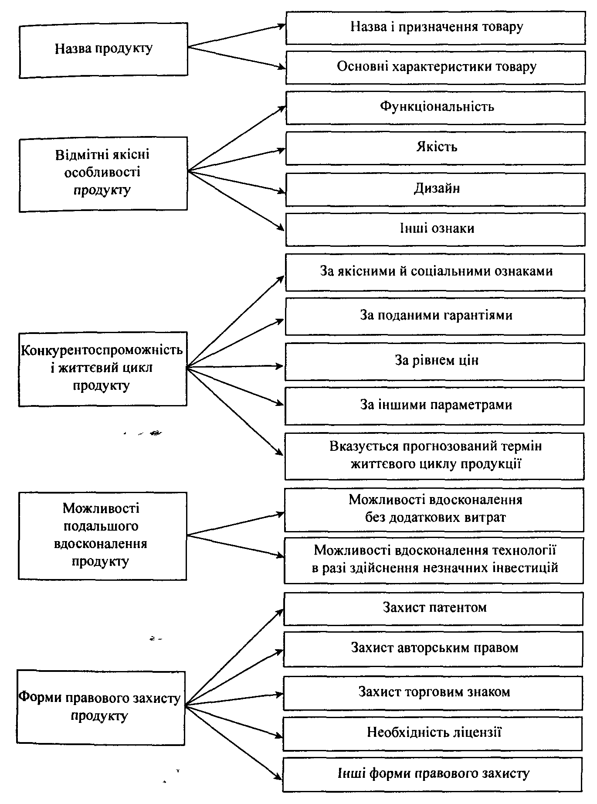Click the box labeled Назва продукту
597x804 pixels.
[x=104, y=51]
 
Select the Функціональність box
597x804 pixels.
[x=435, y=107]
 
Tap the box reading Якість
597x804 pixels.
[x=435, y=148]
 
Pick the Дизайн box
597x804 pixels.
[x=435, y=189]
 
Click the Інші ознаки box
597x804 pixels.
[x=435, y=229]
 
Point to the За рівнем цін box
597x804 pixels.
[x=435, y=361]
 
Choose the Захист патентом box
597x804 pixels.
[x=434, y=609]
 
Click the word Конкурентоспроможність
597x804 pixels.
[x=102, y=350]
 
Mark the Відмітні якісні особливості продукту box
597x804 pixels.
[x=103, y=174]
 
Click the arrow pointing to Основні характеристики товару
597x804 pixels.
[x=236, y=57]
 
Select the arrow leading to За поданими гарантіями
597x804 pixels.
[x=235, y=343]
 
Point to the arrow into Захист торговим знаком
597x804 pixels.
[x=234, y=699]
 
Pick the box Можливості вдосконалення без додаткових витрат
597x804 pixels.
[x=434, y=510]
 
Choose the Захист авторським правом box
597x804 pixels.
[x=433, y=649]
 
